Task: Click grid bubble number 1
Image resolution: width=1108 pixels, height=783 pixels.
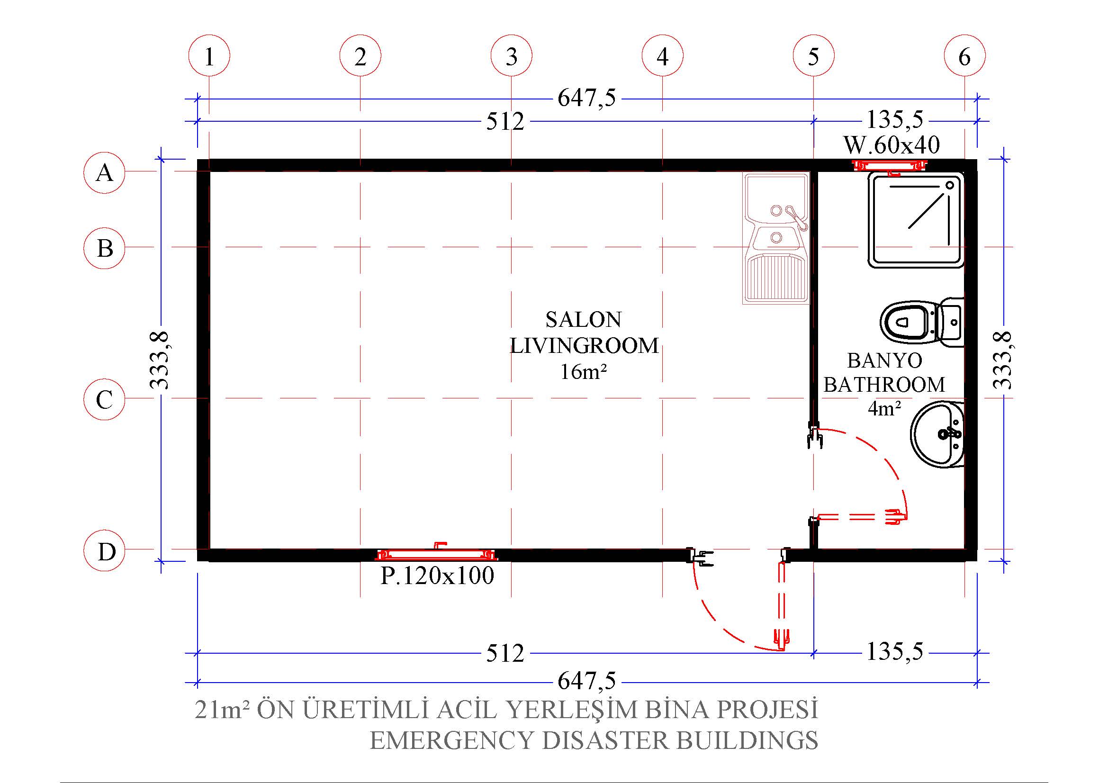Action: pyautogui.click(x=209, y=55)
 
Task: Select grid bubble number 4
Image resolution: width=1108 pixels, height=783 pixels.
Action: pyautogui.click(x=662, y=55)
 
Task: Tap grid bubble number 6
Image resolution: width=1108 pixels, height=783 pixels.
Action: pyautogui.click(x=964, y=55)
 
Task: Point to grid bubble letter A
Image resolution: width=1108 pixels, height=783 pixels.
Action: pyautogui.click(x=104, y=173)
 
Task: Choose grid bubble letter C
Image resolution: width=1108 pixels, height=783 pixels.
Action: pyautogui.click(x=104, y=399)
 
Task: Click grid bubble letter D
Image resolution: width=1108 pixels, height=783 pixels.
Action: pyautogui.click(x=104, y=550)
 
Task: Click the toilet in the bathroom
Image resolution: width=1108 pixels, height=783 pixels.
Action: pyautogui.click(x=922, y=322)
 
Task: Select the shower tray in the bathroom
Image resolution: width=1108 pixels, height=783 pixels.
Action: pyautogui.click(x=916, y=220)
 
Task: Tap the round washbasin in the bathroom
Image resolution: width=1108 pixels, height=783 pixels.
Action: pyautogui.click(x=937, y=435)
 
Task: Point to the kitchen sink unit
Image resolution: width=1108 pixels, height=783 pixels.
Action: pyautogui.click(x=776, y=238)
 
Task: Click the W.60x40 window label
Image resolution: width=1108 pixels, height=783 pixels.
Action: pyautogui.click(x=892, y=144)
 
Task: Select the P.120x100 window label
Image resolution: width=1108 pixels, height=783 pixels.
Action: pyautogui.click(x=437, y=576)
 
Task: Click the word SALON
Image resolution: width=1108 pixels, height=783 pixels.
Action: pyautogui.click(x=584, y=319)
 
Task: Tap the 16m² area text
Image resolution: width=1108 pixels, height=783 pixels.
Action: pyautogui.click(x=583, y=371)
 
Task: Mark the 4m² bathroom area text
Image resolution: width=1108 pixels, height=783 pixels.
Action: pyautogui.click(x=884, y=408)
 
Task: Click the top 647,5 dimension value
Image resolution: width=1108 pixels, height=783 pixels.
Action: pyautogui.click(x=587, y=98)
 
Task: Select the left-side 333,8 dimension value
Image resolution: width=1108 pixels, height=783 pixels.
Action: pyautogui.click(x=160, y=360)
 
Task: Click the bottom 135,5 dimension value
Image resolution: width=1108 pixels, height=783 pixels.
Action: pyautogui.click(x=895, y=651)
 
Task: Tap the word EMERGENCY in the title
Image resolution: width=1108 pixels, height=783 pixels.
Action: pyautogui.click(x=452, y=740)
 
